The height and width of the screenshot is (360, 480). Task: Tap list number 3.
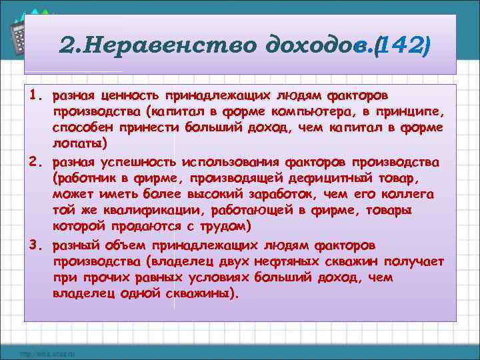point(37,243)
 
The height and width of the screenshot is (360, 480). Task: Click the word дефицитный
point(325,179)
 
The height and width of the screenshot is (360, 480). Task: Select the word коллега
point(406,195)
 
